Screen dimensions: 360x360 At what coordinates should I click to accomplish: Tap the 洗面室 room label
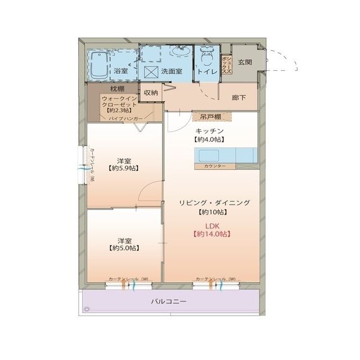171,71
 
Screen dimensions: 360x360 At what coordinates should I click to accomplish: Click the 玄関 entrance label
245,62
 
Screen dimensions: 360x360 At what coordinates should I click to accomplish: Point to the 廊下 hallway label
238,97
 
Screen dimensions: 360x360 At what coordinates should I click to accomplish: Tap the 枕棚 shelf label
117,89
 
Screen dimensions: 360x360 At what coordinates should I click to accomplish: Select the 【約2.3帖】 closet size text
116,111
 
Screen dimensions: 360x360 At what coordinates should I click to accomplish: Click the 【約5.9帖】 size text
125,168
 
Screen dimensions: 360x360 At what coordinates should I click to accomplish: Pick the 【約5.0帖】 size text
124,247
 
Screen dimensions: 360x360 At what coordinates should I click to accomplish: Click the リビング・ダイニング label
214,202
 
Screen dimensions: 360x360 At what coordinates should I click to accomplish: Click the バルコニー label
168,301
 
